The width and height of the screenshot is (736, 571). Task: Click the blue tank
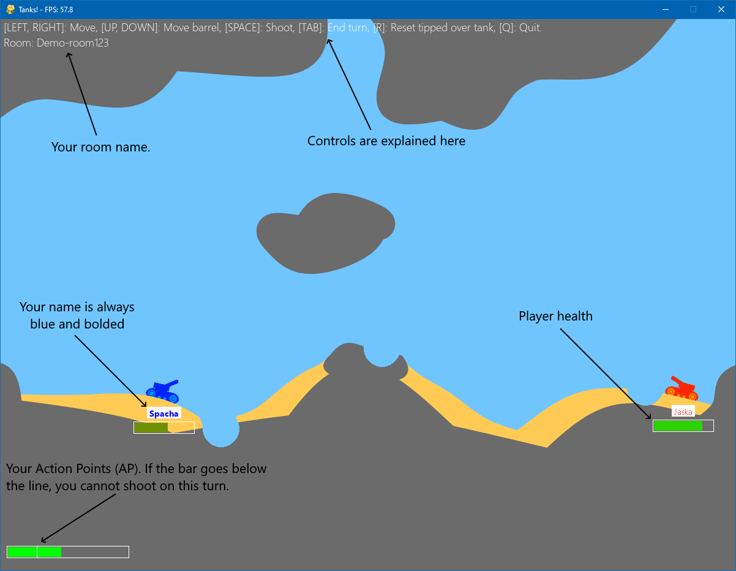point(162,391)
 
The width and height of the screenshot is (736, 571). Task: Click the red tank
point(682,390)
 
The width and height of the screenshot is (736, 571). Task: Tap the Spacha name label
point(163,414)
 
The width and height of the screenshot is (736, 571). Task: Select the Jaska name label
point(683,412)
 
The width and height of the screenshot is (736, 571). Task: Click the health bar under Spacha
point(164,428)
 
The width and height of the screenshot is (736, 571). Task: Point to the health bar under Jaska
point(683,426)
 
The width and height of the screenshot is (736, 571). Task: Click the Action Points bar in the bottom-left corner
point(67,552)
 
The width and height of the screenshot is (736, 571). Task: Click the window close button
point(721,9)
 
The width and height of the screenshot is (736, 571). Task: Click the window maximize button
point(693,9)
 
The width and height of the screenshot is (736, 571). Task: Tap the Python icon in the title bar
point(10,9)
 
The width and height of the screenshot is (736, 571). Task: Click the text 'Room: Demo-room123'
point(56,43)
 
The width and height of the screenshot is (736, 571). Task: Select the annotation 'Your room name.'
point(100,147)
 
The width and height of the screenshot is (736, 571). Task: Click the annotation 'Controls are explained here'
point(386,141)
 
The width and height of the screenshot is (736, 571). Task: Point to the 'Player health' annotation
point(555,316)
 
